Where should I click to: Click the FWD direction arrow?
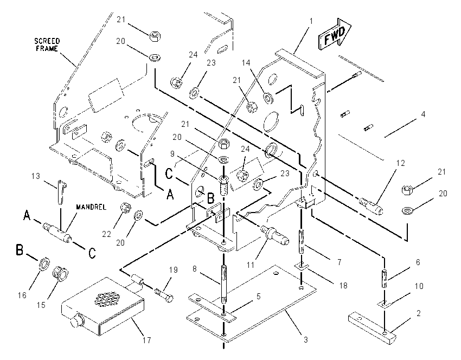coord(335,34)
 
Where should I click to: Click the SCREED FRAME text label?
coord(47,44)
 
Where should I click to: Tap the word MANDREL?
coord(91,207)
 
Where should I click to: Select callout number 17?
coord(147,340)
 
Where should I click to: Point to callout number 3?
coord(306,340)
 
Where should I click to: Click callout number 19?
coord(174,270)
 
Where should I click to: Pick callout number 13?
coord(36,176)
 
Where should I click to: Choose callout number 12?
coord(401,163)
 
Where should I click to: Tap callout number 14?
coord(246,62)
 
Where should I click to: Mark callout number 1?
coord(311,21)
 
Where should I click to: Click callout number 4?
coord(423,114)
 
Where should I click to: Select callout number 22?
coord(106,234)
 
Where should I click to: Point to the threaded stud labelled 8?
coord(224,284)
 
